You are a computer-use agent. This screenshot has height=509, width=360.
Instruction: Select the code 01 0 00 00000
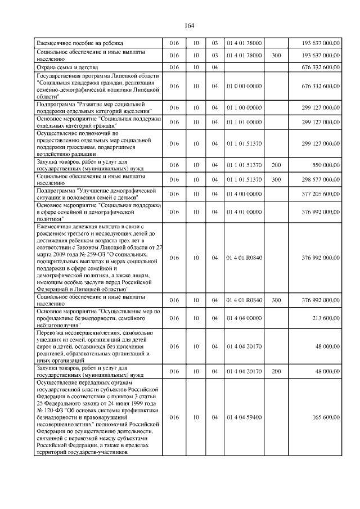click(x=244, y=86)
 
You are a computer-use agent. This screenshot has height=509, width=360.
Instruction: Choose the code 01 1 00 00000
click(x=244, y=107)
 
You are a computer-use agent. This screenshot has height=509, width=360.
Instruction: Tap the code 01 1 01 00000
click(x=244, y=121)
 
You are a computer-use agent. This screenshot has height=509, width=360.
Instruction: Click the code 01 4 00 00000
click(x=244, y=194)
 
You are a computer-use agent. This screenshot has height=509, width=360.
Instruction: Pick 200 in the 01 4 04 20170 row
click(x=276, y=371)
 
